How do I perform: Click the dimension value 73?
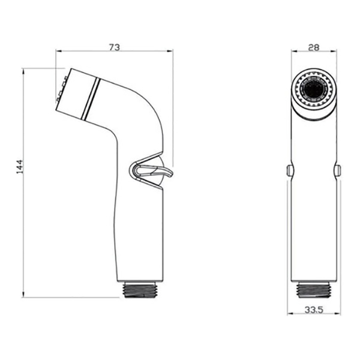(115, 47)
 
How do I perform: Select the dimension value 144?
(20, 167)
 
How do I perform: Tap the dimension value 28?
(314, 47)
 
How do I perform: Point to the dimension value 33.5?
(314, 310)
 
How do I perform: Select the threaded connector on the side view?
(141, 290)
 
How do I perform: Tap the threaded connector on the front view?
(314, 290)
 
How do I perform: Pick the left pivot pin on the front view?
(289, 170)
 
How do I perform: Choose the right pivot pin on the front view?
(338, 170)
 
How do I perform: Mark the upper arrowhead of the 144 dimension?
(23, 71)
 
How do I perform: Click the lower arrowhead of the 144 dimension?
(23, 295)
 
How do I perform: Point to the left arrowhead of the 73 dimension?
(59, 51)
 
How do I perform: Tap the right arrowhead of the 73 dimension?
(170, 51)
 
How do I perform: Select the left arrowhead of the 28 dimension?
(295, 51)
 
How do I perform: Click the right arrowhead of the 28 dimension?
(334, 51)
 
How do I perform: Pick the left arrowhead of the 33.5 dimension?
(290, 314)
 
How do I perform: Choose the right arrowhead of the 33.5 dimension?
(337, 314)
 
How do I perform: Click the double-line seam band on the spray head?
(91, 99)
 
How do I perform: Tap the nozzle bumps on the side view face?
(61, 89)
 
